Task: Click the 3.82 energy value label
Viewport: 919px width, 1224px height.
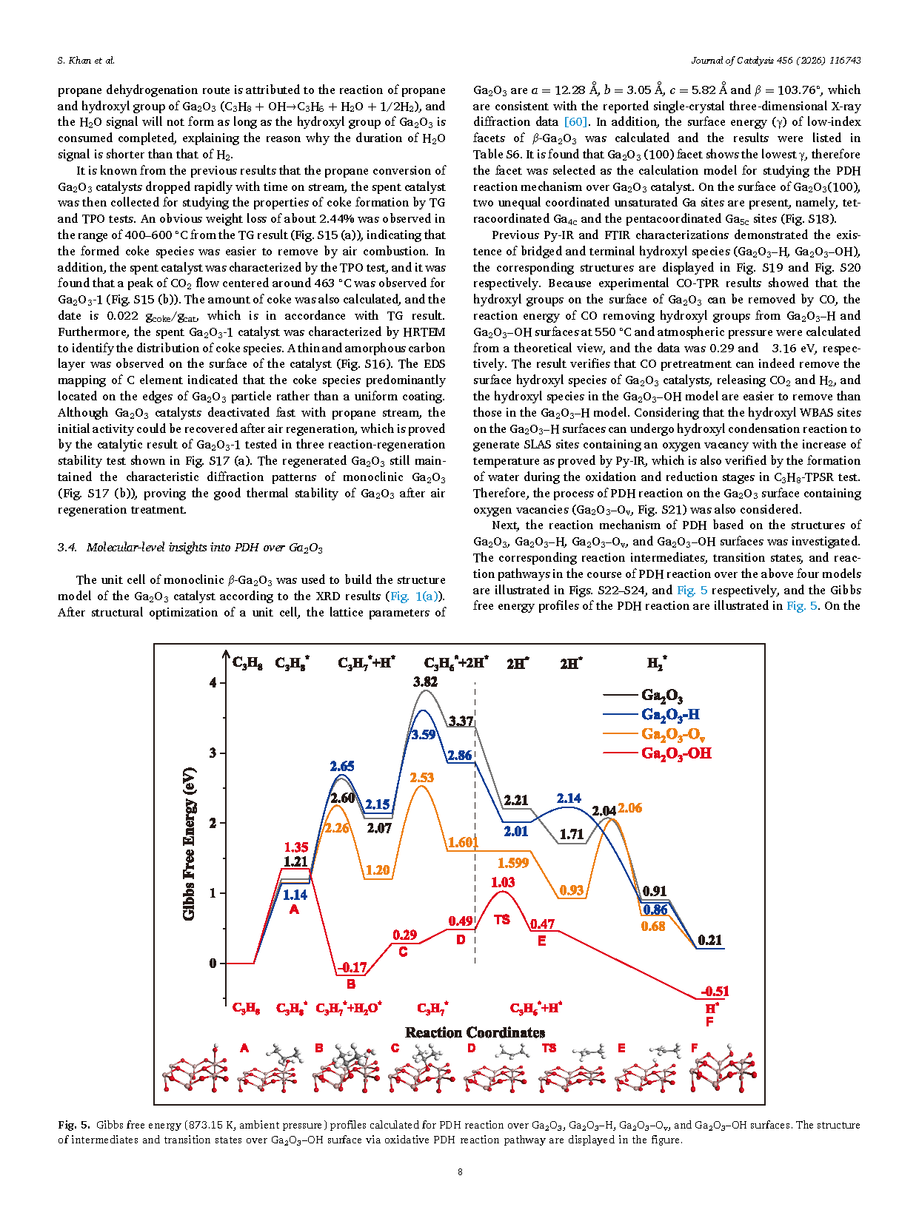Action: [x=425, y=682]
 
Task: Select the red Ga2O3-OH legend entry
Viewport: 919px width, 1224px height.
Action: [x=675, y=753]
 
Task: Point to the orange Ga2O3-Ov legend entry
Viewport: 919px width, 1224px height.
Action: [x=672, y=734]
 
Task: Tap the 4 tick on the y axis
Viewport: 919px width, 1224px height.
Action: [x=213, y=682]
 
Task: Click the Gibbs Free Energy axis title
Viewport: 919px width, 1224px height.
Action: [x=190, y=844]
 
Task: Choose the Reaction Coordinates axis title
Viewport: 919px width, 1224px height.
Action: [x=475, y=1032]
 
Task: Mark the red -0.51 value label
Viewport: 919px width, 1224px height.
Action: [x=715, y=991]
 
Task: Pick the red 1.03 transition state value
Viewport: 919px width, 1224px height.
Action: [x=502, y=882]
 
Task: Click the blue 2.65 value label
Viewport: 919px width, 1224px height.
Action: [x=342, y=766]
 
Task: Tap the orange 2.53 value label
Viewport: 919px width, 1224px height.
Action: [x=421, y=778]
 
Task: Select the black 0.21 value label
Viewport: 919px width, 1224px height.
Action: [x=709, y=940]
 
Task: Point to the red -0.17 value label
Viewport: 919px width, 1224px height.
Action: [x=352, y=967]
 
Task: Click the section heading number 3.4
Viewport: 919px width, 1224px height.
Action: [x=67, y=548]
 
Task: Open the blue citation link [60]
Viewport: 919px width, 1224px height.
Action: [x=575, y=122]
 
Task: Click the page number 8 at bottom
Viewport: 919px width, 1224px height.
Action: [x=460, y=1171]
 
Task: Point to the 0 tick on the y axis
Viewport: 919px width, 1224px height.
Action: [x=213, y=964]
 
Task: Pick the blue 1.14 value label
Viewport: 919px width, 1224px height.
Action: [x=295, y=895]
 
